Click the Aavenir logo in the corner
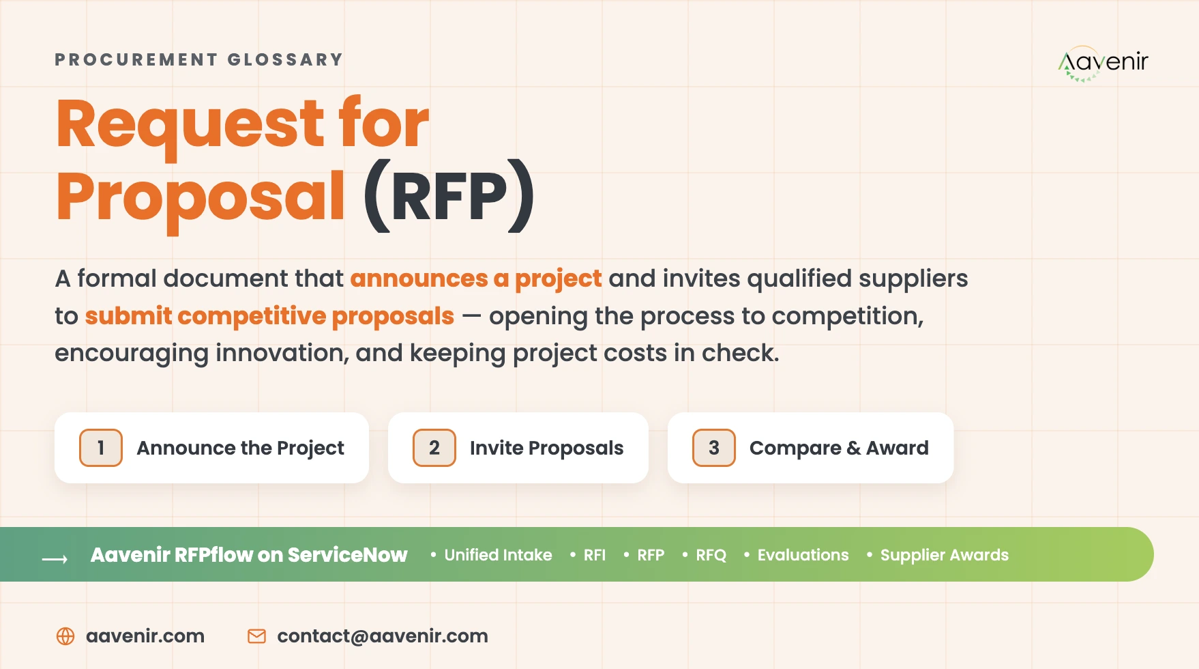[x=1103, y=63]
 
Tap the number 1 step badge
[x=101, y=448]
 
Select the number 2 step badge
[x=434, y=448]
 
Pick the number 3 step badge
[x=714, y=448]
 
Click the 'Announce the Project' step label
[x=240, y=449]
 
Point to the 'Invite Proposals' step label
[x=546, y=449]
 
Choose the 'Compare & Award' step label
[x=839, y=449]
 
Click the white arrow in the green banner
[x=55, y=559]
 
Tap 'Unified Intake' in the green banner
[x=498, y=555]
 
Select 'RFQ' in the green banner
[x=711, y=555]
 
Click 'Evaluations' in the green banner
[x=803, y=555]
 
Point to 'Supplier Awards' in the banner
[x=944, y=556]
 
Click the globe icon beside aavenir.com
[x=65, y=636]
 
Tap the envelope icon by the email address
[x=256, y=636]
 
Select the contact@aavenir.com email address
[x=383, y=636]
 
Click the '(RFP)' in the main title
[x=449, y=196]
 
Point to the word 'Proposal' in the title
[x=201, y=198]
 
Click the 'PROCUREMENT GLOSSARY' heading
[x=198, y=60]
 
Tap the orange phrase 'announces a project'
[x=476, y=279]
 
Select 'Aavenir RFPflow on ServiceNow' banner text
[x=249, y=555]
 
